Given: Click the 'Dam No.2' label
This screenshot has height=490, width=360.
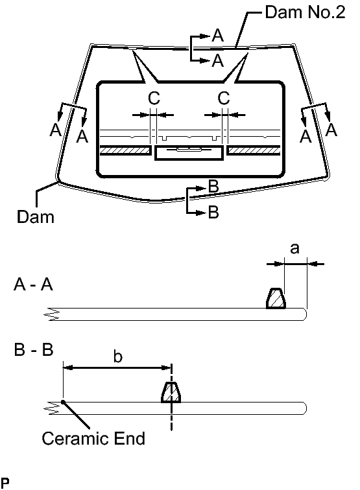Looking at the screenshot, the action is (x=305, y=12).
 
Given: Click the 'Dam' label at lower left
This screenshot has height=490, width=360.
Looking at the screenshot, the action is (x=35, y=216).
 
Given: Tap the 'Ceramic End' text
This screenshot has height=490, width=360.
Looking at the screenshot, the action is (x=93, y=438).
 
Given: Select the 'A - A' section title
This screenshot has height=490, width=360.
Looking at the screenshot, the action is (x=34, y=285).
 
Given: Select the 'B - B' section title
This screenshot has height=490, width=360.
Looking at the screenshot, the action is (x=34, y=350).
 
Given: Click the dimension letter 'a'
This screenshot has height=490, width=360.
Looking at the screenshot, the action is (x=294, y=249).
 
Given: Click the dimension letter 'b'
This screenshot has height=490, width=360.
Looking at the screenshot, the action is (x=117, y=356).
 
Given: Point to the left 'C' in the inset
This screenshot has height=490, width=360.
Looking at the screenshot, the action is (x=154, y=98).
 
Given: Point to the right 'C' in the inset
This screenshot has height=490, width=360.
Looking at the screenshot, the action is (x=224, y=98).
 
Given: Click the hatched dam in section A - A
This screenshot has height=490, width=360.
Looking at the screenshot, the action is (x=276, y=299).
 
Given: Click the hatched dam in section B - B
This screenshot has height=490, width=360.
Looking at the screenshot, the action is (x=171, y=392).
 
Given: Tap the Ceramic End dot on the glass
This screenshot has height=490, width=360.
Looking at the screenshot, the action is (x=63, y=402).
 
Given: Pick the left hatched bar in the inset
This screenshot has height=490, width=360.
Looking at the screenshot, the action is (x=125, y=150).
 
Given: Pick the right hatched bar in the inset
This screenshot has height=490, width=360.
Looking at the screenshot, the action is (x=254, y=150).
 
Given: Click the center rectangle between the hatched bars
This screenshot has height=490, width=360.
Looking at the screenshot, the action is (x=189, y=153).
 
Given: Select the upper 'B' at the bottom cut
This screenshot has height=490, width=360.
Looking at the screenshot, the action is (x=213, y=187).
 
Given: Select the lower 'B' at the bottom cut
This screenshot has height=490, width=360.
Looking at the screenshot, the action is (x=213, y=212).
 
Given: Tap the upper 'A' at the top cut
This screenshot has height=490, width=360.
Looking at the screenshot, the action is (x=218, y=35).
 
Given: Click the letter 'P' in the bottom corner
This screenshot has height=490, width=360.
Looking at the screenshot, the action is (x=5, y=483).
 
